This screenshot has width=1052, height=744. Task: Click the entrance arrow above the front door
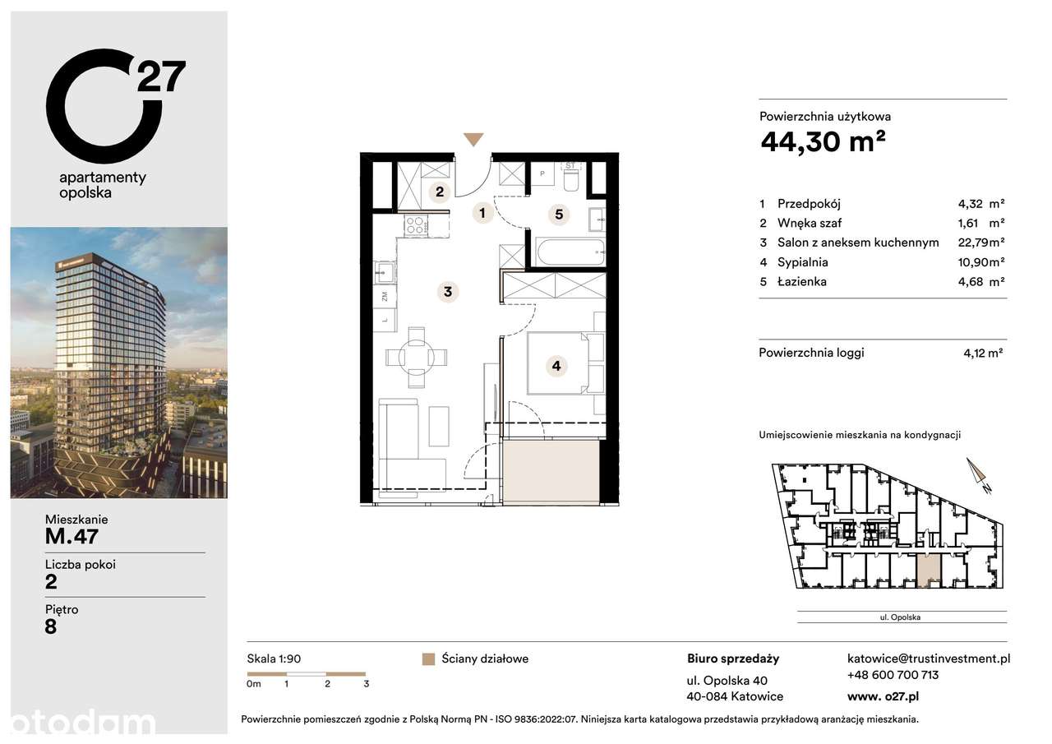[x=473, y=140]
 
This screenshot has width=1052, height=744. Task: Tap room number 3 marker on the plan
[x=447, y=291]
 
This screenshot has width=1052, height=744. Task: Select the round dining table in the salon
[x=418, y=357]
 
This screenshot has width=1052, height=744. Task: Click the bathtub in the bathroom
[x=570, y=251]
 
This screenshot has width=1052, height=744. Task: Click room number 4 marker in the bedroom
[x=556, y=366]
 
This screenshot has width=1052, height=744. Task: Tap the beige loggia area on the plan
[x=554, y=471]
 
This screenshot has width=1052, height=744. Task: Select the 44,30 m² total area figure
[x=823, y=142]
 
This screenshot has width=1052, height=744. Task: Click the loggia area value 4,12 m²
[x=983, y=354]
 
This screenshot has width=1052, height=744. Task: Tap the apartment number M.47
[x=72, y=537]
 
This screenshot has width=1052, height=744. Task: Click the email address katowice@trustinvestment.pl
[x=928, y=659]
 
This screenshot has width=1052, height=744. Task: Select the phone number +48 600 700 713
[x=893, y=675]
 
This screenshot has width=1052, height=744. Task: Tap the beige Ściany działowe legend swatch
[x=427, y=659]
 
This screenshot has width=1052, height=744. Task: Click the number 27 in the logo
[x=161, y=76]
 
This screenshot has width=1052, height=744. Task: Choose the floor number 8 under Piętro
[x=51, y=626]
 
